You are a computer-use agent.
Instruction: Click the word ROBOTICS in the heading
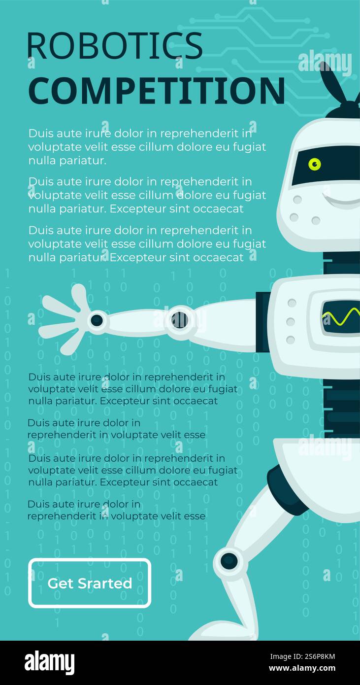(x=114, y=46)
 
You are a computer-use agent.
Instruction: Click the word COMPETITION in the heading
(x=156, y=91)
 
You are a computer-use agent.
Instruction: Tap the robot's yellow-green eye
(x=314, y=164)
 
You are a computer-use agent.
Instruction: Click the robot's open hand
(x=64, y=318)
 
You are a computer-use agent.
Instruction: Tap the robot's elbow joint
(x=179, y=320)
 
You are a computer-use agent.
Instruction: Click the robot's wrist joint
(x=97, y=320)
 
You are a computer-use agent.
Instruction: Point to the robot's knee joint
(x=229, y=561)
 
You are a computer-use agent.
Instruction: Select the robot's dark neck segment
(x=341, y=263)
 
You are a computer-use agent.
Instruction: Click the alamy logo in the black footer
(x=49, y=663)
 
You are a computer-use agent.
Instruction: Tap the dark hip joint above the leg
(x=286, y=490)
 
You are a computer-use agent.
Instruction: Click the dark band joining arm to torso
(x=262, y=322)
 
